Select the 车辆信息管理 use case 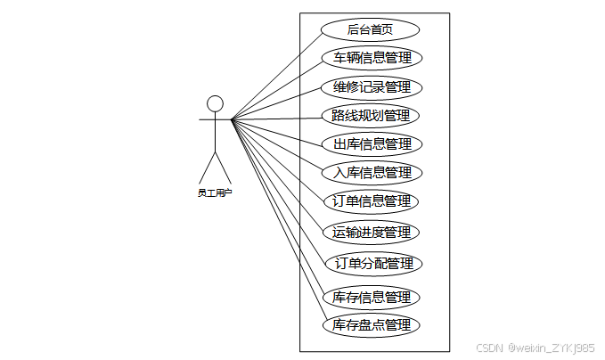pos(372,58)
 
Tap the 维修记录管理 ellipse pos(372,87)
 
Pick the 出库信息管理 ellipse pos(372,143)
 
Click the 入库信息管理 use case pos(372,172)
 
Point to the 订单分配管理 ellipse pos(372,264)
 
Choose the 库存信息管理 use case pos(372,297)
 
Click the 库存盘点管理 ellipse pos(372,325)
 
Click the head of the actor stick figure pos(214,102)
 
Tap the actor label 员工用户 pos(214,192)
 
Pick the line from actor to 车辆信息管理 pos(277,88)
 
